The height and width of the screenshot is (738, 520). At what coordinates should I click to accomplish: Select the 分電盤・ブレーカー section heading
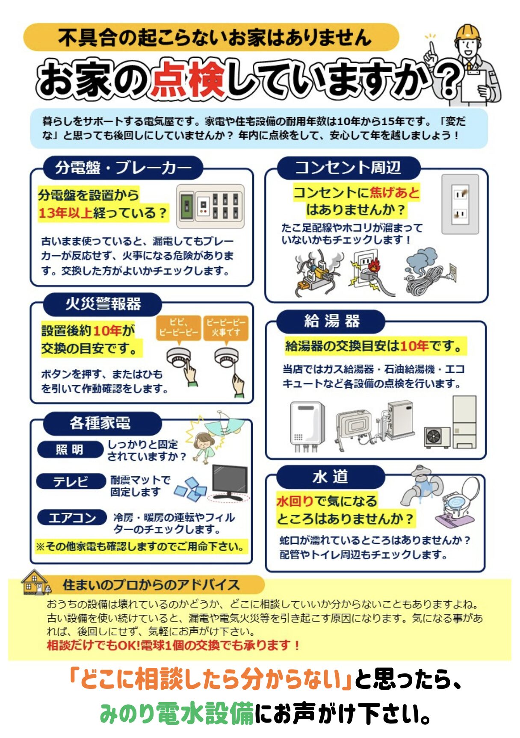coord(123,167)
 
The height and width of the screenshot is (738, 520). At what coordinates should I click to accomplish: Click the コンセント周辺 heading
coord(348,167)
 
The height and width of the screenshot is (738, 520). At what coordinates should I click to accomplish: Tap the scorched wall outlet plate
coord(460,204)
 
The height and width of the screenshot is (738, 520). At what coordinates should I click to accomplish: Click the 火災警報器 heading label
coord(103,304)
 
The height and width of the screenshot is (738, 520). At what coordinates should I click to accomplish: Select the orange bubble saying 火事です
coord(226,328)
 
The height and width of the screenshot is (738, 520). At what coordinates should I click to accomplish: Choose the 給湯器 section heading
coord(331,321)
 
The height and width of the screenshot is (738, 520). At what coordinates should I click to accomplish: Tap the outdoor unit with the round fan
coord(437,437)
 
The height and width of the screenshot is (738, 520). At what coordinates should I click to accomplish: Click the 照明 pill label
coord(70,450)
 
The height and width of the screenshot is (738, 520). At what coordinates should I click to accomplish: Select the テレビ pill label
coord(71,481)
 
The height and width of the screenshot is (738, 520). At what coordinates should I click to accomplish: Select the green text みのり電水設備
coord(177,713)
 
